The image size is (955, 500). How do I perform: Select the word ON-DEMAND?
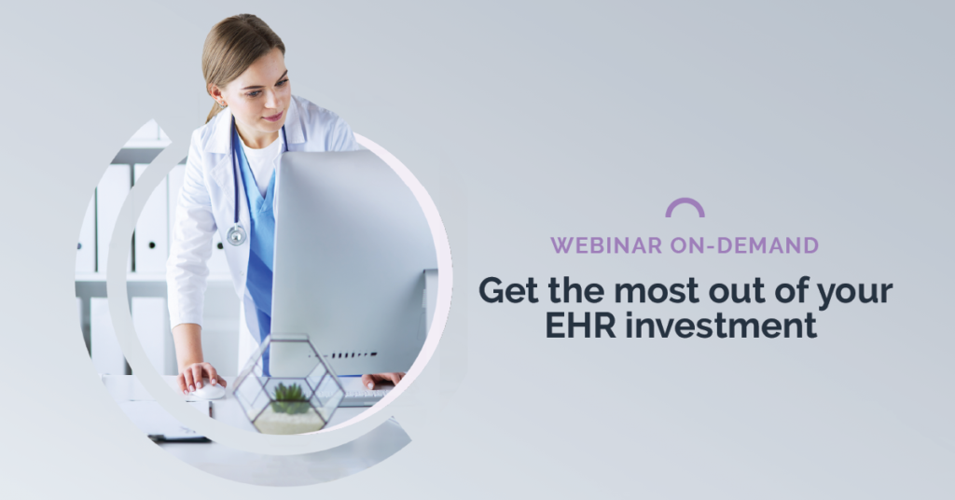[x=744, y=245]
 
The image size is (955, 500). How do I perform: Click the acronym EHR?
[x=580, y=325]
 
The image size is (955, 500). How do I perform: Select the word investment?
[x=721, y=325]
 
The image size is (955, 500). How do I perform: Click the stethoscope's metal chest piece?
[x=236, y=234]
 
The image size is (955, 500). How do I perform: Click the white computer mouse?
[x=208, y=389]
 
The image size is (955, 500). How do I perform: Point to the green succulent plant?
[x=290, y=398]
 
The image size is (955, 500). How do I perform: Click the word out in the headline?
[x=737, y=291]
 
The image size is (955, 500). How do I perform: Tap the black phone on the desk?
[x=180, y=438]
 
